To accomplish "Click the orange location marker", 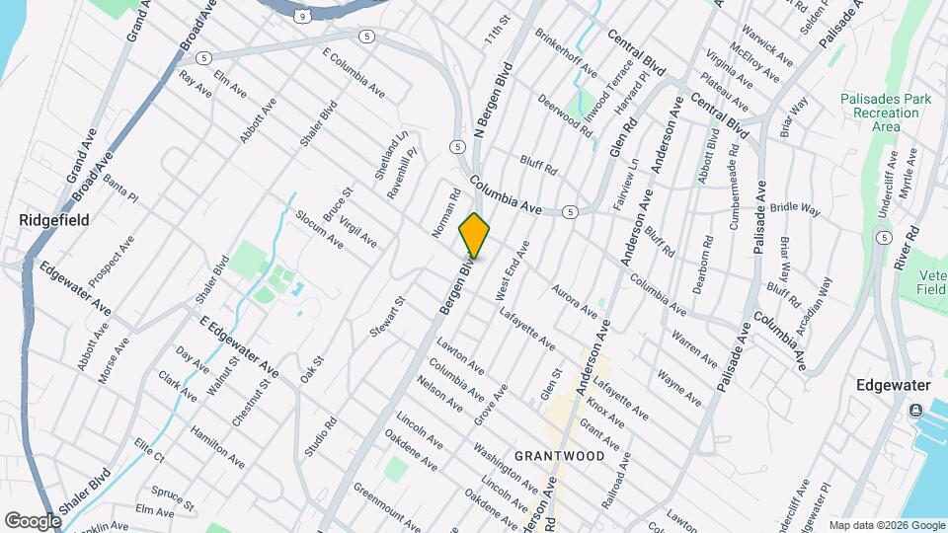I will [474, 235].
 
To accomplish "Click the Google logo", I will [34, 519].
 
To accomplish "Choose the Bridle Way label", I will [796, 208].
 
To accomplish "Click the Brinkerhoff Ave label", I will [566, 58].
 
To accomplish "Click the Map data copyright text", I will [887, 525].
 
